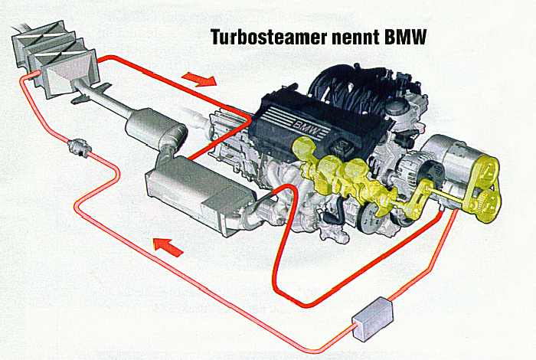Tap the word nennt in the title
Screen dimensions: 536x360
(x=355, y=38)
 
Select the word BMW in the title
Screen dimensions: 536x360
(x=405, y=37)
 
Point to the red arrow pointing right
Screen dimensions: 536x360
(x=199, y=79)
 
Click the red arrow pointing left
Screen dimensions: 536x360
(x=168, y=247)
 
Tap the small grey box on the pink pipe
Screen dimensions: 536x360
(x=373, y=318)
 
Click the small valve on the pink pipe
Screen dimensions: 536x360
(x=80, y=148)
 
